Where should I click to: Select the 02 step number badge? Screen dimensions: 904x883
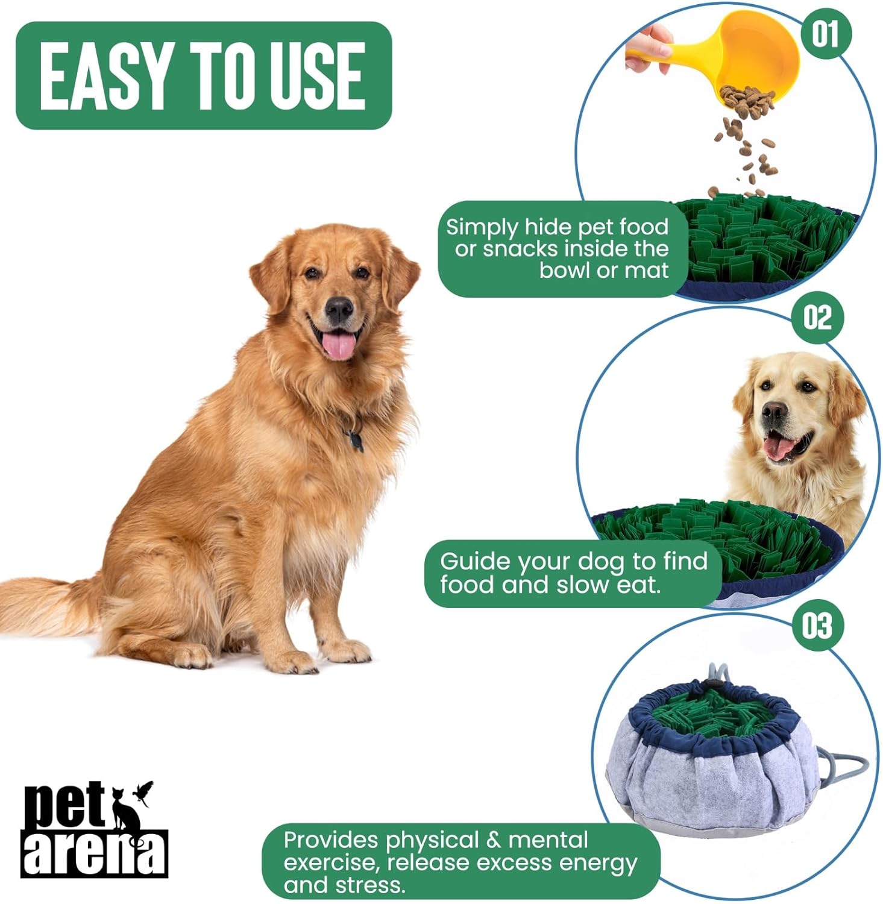click(x=817, y=316)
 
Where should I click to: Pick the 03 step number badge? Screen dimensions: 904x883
click(x=817, y=626)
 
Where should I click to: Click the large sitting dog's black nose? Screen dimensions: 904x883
click(x=339, y=309)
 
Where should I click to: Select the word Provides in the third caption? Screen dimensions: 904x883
click(x=331, y=840)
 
